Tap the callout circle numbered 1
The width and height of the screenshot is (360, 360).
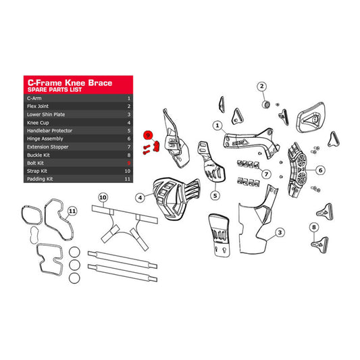pos(217,126)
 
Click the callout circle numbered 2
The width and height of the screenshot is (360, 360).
pos(262,86)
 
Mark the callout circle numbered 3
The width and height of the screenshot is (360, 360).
pos(278,234)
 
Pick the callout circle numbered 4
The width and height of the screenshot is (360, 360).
pos(139,198)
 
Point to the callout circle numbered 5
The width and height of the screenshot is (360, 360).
pos(215,195)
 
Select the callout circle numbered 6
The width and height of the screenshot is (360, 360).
pos(320,170)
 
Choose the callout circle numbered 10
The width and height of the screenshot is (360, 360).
pos(103,197)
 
